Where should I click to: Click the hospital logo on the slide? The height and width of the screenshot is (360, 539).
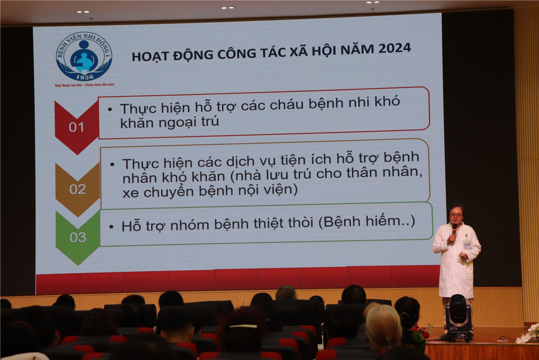pos(84,57)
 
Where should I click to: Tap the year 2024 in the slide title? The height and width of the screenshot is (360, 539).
pos(394,48)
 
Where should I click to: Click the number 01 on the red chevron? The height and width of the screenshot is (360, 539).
pos(76,127)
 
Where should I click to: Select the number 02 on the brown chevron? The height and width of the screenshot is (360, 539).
pos(78,189)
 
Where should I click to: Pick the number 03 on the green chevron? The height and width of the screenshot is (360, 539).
pos(78,237)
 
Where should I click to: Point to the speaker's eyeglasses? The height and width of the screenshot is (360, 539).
pos(455,215)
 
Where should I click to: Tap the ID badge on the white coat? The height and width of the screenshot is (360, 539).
pos(467,245)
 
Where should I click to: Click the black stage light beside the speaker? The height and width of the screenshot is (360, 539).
pos(459,318)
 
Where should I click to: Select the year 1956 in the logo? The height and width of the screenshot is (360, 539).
pos(85,77)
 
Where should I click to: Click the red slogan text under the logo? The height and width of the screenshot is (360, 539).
pos(85,85)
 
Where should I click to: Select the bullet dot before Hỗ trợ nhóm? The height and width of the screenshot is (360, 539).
pos(111,227)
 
